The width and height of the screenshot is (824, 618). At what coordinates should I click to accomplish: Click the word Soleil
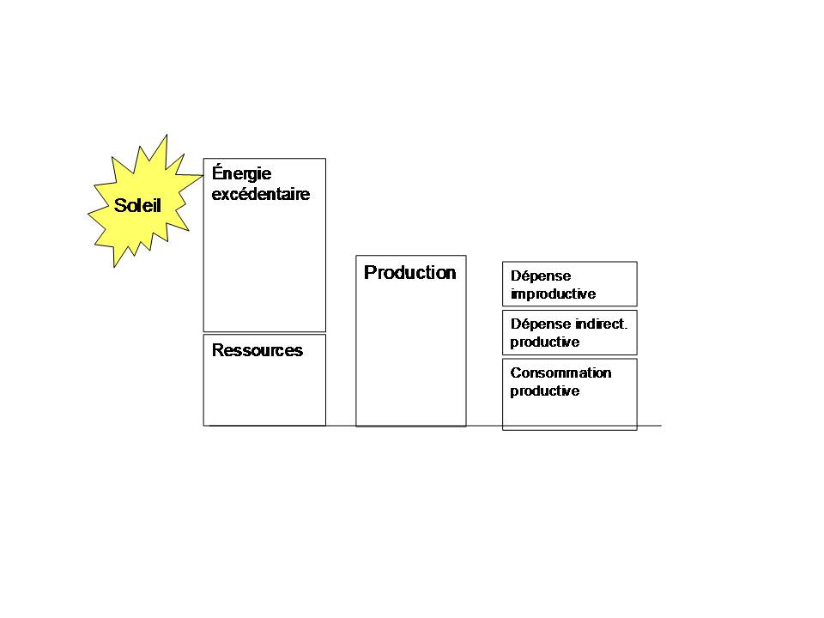[137, 205]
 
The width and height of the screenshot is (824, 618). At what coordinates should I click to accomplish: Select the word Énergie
[242, 173]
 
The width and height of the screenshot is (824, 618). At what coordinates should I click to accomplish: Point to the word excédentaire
[261, 194]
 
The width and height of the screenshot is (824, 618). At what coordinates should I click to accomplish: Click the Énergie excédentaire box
[264, 245]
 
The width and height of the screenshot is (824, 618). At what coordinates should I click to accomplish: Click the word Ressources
[257, 350]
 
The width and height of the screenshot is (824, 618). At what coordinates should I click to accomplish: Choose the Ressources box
[264, 380]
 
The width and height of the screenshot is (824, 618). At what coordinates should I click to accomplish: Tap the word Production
[410, 272]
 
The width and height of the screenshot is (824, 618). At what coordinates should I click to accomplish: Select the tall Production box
[411, 341]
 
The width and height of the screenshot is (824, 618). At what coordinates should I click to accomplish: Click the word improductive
[554, 294]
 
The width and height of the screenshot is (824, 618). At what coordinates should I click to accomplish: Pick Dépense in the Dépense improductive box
[541, 276]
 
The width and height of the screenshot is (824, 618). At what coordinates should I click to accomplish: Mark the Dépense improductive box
[570, 284]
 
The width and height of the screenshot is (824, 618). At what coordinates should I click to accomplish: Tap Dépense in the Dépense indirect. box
[541, 324]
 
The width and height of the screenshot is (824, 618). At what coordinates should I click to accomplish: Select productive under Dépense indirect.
[545, 342]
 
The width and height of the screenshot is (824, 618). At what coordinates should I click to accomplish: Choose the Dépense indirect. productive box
[570, 333]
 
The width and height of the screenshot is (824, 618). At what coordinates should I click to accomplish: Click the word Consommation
[560, 373]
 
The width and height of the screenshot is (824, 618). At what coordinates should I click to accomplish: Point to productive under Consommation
[545, 391]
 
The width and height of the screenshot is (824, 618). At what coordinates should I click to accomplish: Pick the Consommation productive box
[570, 395]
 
